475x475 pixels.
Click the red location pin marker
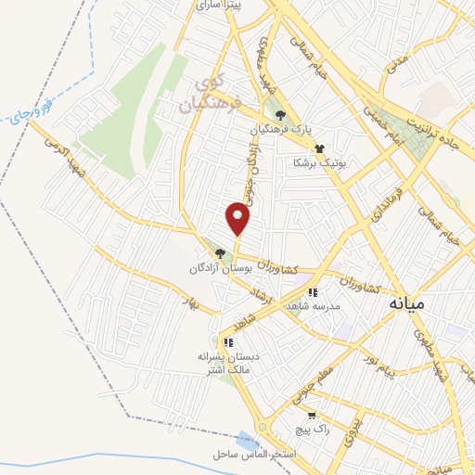pos(238,219)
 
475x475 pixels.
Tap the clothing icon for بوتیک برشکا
pos(319,148)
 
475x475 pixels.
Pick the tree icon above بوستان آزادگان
pos(220,252)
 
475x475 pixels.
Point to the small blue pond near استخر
pos(246,439)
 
